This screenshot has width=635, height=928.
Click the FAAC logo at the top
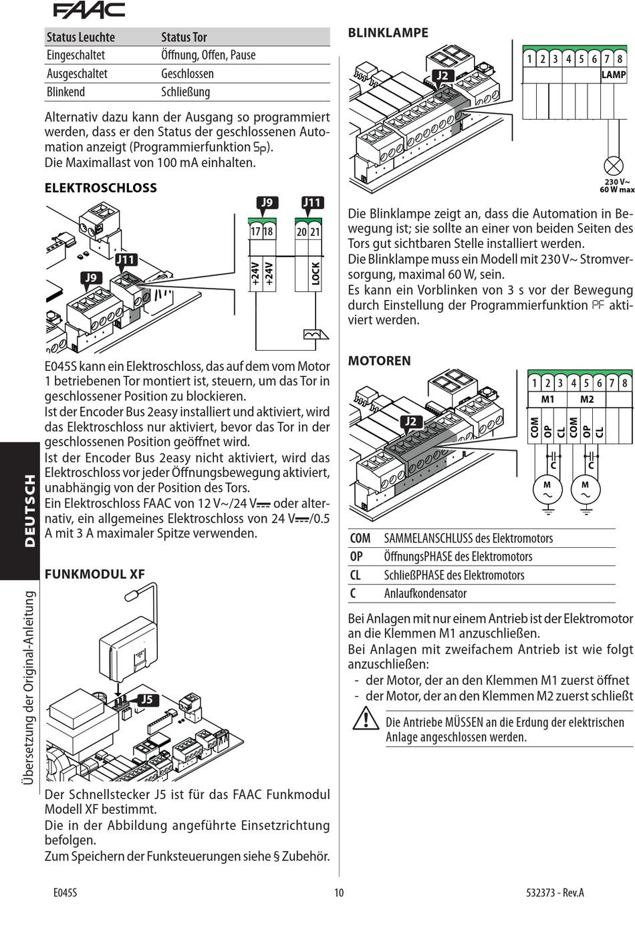pyautogui.click(x=89, y=11)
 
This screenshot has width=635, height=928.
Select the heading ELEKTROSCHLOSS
pyautogui.click(x=101, y=188)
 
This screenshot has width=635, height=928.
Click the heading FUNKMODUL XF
pyautogui.click(x=95, y=574)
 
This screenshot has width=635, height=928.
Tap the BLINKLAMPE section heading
pyautogui.click(x=388, y=33)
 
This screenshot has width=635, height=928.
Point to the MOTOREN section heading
pyautogui.click(x=379, y=361)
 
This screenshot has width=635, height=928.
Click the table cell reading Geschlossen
pyautogui.click(x=187, y=73)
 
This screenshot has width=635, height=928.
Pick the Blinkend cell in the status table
pyautogui.click(x=66, y=92)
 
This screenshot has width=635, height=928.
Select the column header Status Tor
pyautogui.click(x=184, y=37)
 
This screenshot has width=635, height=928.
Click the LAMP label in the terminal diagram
pyautogui.click(x=614, y=75)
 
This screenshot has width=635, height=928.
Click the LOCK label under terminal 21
pyautogui.click(x=315, y=273)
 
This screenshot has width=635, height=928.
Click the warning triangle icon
pyautogui.click(x=366, y=719)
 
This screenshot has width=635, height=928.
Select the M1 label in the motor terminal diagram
pyautogui.click(x=547, y=400)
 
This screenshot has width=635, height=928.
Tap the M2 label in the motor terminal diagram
pyautogui.click(x=586, y=400)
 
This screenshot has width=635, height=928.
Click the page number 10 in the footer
pyautogui.click(x=339, y=893)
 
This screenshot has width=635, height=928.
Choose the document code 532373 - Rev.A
pyautogui.click(x=555, y=893)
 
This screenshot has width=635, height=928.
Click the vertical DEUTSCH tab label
pyautogui.click(x=30, y=511)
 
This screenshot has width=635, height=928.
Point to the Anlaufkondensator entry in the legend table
pyautogui.click(x=425, y=593)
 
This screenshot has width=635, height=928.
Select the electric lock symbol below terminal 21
pyautogui.click(x=316, y=334)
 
